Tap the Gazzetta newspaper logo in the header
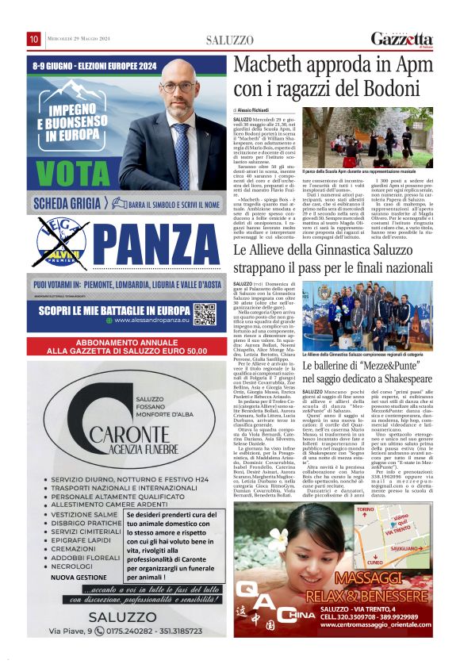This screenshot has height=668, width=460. (402, 40)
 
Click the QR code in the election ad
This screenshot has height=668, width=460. (205, 314)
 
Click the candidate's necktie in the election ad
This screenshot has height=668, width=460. (182, 141)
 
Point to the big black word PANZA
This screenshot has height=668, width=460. (157, 245)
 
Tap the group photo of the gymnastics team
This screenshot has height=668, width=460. (366, 315)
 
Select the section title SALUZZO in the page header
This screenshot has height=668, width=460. (229, 40)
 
